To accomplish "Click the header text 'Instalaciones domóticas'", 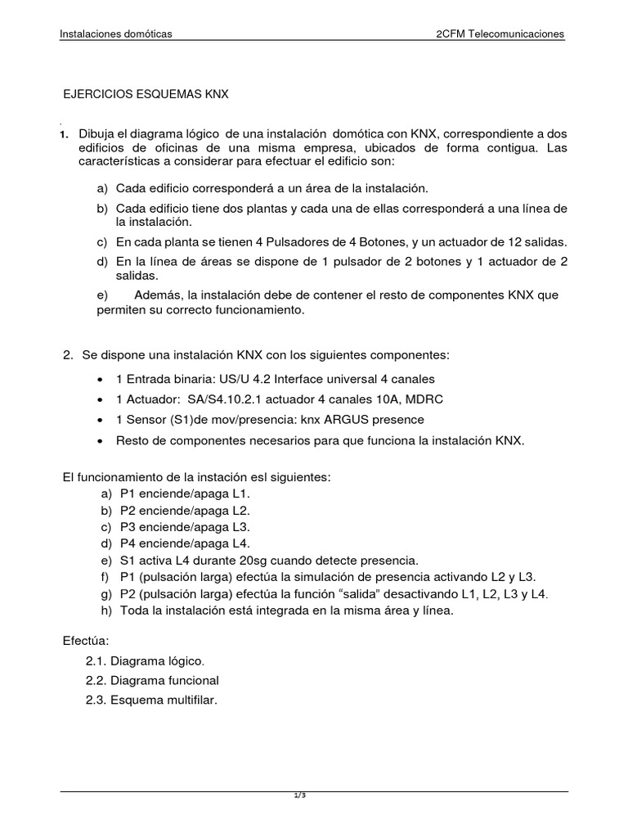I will (x=116, y=34).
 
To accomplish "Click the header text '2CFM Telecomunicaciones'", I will (x=500, y=34).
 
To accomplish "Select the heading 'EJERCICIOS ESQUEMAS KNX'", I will (x=146, y=94).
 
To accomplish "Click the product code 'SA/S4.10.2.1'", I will (x=220, y=399).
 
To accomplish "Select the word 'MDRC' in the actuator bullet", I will (x=425, y=399).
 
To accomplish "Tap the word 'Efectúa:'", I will (x=85, y=639).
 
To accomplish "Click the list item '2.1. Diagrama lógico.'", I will (x=146, y=660).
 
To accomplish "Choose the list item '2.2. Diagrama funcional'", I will (x=152, y=680).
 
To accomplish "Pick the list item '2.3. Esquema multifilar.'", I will (x=151, y=701).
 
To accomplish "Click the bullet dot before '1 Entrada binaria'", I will (x=100, y=380).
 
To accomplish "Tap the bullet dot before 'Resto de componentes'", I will (x=100, y=441).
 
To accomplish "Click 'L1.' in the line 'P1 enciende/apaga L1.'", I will (x=242, y=494).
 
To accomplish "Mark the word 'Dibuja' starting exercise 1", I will (x=96, y=133).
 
